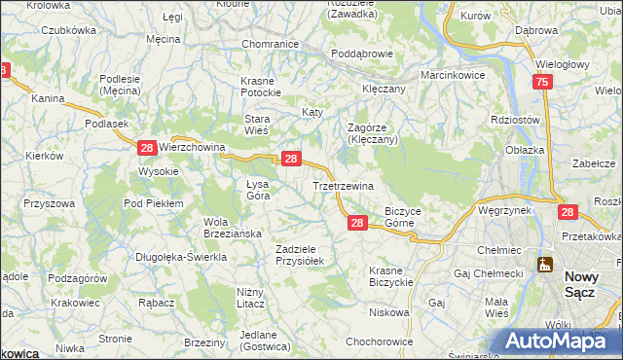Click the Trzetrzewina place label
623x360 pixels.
(x=342, y=185)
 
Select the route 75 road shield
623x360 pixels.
(x=543, y=85)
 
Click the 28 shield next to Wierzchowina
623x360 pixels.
(x=146, y=148)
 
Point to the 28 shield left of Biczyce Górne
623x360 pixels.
(x=356, y=224)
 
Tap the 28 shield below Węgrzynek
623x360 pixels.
(x=568, y=211)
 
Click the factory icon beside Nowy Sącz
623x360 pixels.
(x=543, y=264)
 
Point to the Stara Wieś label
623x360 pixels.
(x=256, y=124)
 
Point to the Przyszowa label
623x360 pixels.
(x=50, y=203)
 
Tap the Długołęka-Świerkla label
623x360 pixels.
(x=182, y=257)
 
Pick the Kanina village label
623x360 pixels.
(x=48, y=99)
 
